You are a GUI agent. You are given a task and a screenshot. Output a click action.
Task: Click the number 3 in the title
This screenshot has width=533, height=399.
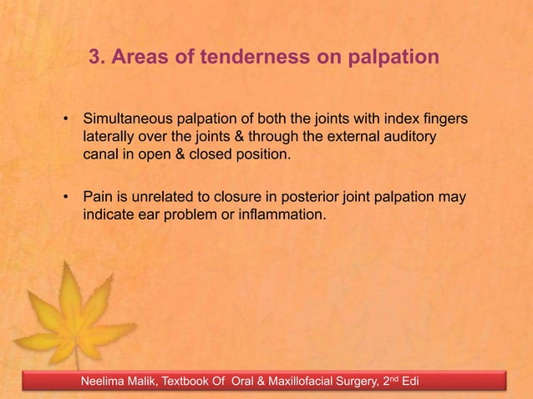(94, 58)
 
